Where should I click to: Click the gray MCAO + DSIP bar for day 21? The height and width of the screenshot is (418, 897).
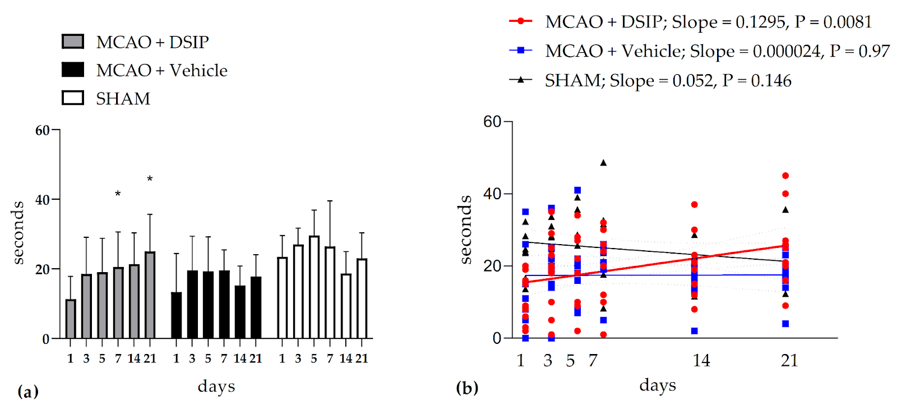tap(150, 295)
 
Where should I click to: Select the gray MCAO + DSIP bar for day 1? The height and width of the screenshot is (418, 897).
tap(71, 319)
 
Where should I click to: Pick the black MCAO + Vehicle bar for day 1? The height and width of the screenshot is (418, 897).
tap(176, 315)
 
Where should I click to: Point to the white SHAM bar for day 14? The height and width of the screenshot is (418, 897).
tap(346, 306)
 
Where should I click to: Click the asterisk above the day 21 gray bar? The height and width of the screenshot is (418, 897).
tap(150, 180)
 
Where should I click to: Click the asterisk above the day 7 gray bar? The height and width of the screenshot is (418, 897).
tap(118, 194)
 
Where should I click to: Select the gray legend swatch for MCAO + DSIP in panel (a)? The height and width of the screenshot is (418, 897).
tap(73, 42)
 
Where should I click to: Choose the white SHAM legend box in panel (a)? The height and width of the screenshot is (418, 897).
tap(73, 98)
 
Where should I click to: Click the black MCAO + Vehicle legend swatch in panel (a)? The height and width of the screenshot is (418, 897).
tap(73, 70)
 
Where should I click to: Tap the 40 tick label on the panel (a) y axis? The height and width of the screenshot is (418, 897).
tap(43, 200)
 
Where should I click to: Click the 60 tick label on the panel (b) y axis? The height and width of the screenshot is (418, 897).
tap(492, 122)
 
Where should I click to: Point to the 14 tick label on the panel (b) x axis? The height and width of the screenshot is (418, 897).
tap(701, 360)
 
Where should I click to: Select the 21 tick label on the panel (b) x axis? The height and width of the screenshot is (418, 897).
tap(789, 360)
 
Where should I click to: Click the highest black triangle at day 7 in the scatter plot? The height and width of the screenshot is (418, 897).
tap(603, 163)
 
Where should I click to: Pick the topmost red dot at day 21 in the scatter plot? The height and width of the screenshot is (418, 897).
tap(785, 176)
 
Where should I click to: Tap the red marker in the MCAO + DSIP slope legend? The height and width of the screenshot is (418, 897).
tap(521, 21)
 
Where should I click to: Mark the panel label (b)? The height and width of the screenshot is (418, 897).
tap(467, 388)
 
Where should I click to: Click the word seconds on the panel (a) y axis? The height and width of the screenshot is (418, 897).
tap(19, 232)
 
